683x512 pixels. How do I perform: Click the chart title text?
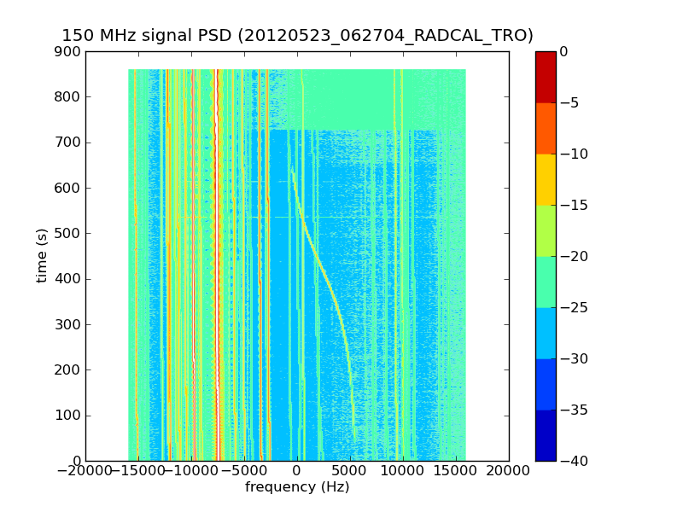297,36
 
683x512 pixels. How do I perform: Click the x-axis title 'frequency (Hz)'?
297,487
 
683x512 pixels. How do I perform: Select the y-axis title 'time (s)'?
42,256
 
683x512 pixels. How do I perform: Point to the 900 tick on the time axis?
71,51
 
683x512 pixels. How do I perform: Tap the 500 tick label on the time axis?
71,234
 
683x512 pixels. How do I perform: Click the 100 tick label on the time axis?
71,416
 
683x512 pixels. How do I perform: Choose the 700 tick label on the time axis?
71,143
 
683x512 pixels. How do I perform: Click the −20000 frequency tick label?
85,471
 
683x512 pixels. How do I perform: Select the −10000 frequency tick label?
191,471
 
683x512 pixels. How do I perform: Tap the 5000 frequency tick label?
350,471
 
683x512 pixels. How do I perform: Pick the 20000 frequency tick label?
509,471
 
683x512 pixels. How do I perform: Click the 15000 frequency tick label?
456,471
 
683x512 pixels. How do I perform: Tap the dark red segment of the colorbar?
546,77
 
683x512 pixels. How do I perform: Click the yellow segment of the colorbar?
546,179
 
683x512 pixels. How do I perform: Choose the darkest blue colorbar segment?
546,435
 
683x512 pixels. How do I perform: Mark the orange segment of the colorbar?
546,128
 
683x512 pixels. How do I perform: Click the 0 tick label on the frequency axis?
297,471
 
